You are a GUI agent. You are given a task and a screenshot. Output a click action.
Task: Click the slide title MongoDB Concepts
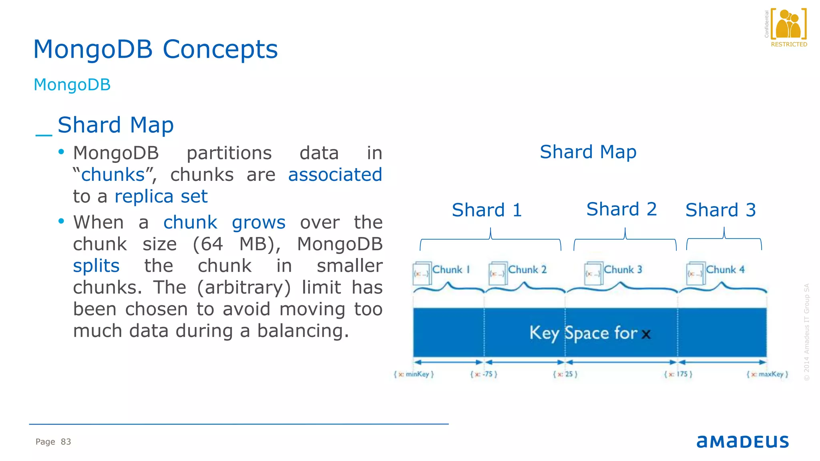pyautogui.click(x=155, y=49)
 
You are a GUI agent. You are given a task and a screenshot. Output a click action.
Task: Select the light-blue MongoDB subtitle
pyautogui.click(x=72, y=85)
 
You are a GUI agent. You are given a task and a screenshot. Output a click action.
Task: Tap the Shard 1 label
pyautogui.click(x=487, y=210)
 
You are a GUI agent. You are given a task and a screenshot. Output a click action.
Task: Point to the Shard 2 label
pyautogui.click(x=621, y=209)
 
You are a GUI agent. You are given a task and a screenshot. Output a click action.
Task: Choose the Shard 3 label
pyautogui.click(x=720, y=210)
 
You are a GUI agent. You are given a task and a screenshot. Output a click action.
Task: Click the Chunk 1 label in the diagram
pyautogui.click(x=450, y=270)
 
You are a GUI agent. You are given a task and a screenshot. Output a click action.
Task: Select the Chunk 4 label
pyautogui.click(x=725, y=270)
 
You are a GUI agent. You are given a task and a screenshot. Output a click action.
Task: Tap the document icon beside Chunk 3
pyautogui.click(x=593, y=274)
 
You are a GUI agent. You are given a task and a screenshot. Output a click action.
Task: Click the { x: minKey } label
pyautogui.click(x=414, y=374)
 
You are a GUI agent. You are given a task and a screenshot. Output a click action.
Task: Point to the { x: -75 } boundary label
pyautogui.click(x=484, y=374)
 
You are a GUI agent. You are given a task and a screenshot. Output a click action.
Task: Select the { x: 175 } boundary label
pyautogui.click(x=678, y=374)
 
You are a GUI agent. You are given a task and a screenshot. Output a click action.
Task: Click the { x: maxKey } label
pyautogui.click(x=767, y=374)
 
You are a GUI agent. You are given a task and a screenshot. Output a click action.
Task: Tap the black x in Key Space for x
pyautogui.click(x=646, y=334)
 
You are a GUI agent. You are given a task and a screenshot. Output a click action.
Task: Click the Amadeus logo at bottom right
pyautogui.click(x=742, y=441)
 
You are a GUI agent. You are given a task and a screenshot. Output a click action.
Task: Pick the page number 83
pyautogui.click(x=66, y=442)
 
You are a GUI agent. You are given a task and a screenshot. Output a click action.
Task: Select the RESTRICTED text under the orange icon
pyautogui.click(x=789, y=44)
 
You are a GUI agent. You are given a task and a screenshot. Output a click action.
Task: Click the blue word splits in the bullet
pyautogui.click(x=96, y=266)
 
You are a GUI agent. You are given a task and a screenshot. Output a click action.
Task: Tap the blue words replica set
pyautogui.click(x=161, y=196)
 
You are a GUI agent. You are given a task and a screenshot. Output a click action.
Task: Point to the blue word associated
pyautogui.click(x=335, y=175)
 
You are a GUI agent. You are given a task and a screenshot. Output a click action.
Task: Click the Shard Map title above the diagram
pyautogui.click(x=588, y=152)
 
